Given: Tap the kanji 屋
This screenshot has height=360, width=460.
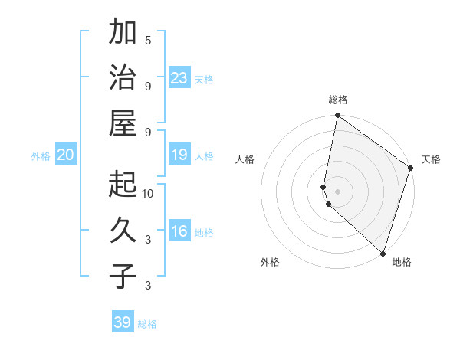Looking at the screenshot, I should pos(123,123).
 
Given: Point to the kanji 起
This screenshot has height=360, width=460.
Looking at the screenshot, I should pos(123,184).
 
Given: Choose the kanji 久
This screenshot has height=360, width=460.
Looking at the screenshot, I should pos(123,230).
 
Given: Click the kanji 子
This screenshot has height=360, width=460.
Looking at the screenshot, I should pos(123,276).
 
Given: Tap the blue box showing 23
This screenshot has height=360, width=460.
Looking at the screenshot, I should pos(179,77).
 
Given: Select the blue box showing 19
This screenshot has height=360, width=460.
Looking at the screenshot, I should pos(179,155).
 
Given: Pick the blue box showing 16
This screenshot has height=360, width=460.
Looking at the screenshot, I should pos(179,231).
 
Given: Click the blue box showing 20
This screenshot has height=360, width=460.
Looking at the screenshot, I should pos(65,155).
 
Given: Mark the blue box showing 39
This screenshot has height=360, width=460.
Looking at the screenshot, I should pos(123,322).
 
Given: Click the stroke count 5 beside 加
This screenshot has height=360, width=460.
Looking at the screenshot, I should pos(148,40).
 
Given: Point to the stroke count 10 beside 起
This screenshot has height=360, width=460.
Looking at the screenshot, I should pos(148,193).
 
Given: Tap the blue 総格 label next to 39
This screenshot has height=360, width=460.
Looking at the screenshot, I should pos(148,324).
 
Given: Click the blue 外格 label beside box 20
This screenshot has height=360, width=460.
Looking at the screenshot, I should pos(41,155).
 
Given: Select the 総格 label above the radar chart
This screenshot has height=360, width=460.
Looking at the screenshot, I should pos(338,100).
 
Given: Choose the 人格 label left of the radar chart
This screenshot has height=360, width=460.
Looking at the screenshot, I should pos(245,159).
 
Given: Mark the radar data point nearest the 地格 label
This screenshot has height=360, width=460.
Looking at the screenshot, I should pos(382,253).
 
